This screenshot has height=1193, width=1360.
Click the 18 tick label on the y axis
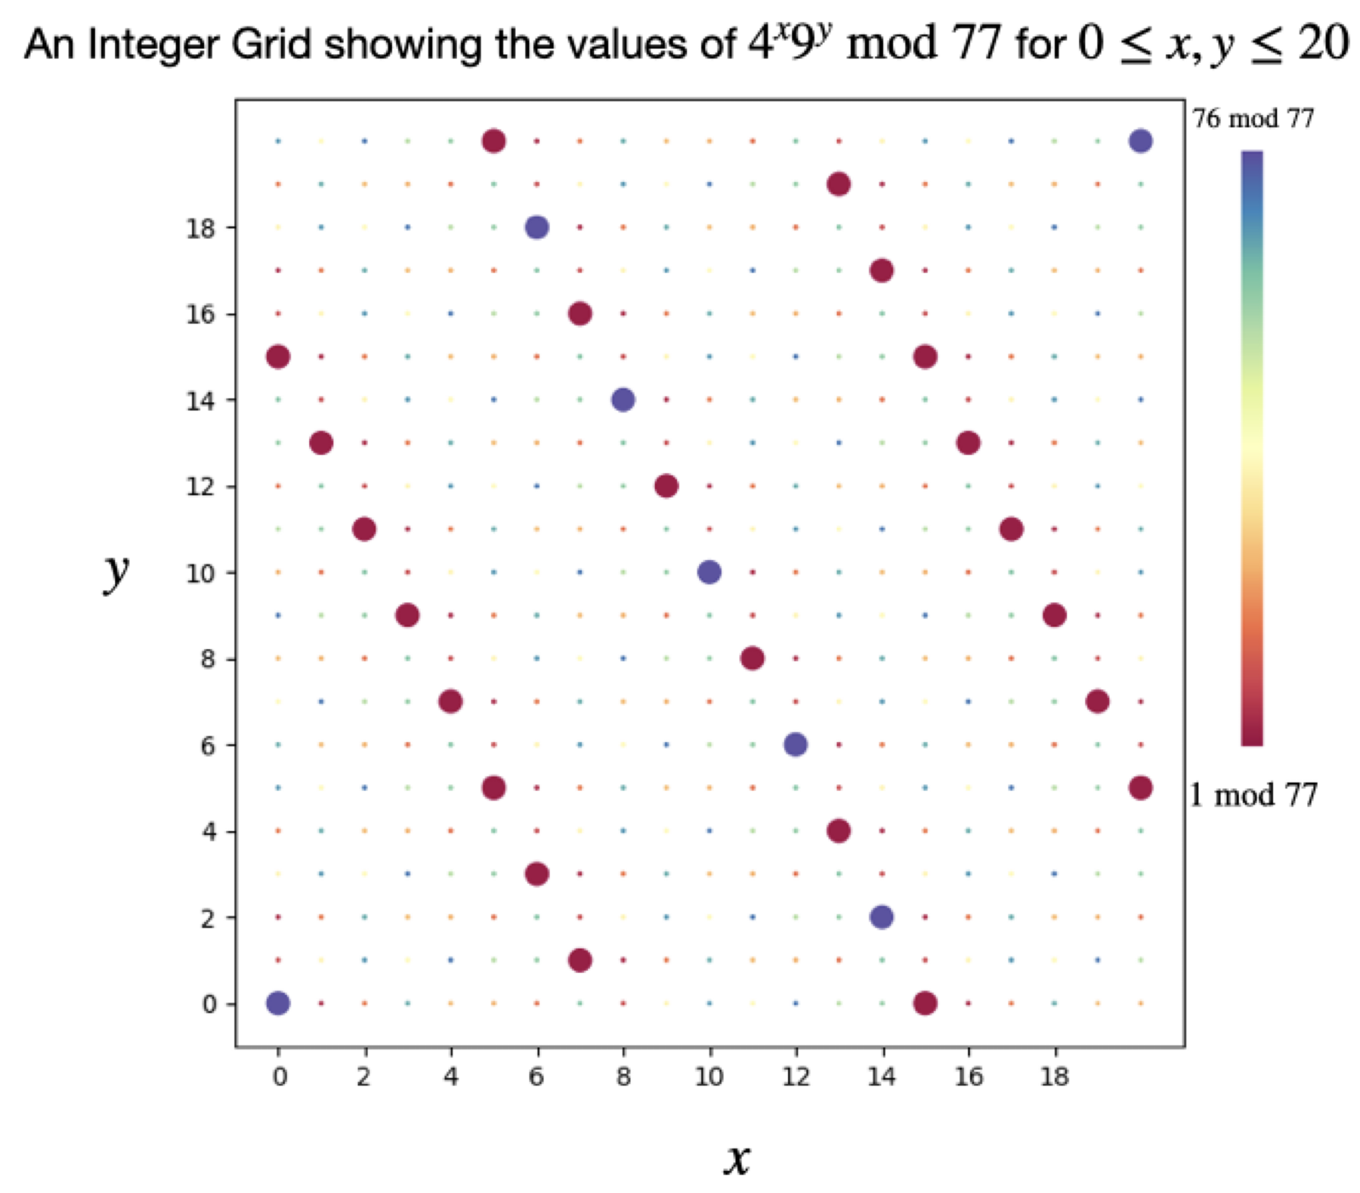[200, 228]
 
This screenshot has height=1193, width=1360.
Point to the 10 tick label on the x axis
[709, 1076]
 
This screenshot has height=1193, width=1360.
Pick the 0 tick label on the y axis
[209, 1004]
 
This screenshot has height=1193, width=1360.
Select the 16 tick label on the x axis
[969, 1076]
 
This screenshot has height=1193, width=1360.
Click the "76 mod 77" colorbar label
[1253, 119]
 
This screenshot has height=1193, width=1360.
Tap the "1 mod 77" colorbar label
[1253, 795]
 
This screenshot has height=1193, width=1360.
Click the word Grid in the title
[271, 44]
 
